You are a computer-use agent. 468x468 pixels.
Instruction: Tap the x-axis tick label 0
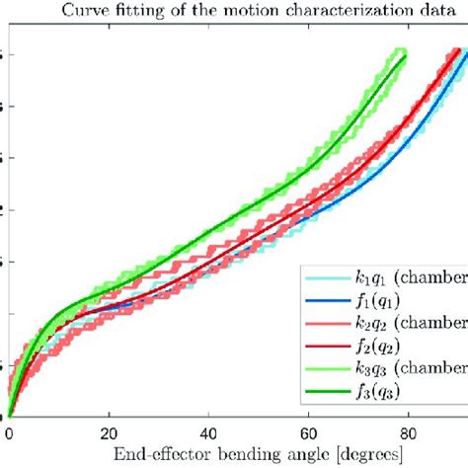point(9,430)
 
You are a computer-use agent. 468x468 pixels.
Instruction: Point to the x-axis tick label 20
point(109,430)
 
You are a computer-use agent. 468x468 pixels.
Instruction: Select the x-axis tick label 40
point(208,430)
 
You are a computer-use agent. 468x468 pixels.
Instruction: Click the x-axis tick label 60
point(309,430)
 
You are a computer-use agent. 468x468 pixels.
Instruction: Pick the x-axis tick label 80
point(409,430)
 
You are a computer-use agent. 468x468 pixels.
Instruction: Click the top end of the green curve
point(404,54)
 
